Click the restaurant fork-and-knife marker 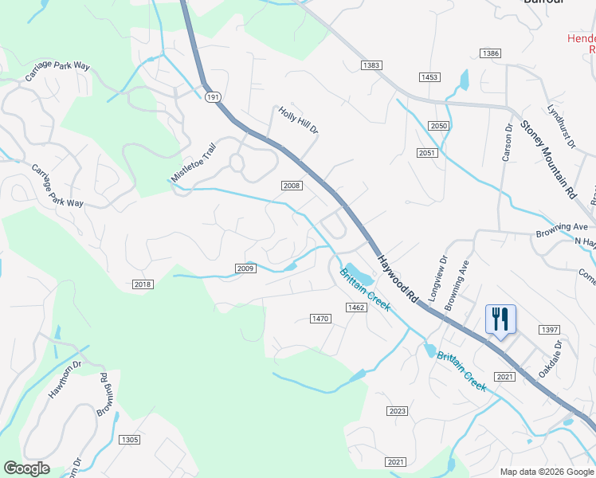pos(500,319)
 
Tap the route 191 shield pos(211,96)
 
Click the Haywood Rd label pos(398,276)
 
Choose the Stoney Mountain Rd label pos(548,159)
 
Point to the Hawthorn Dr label pos(65,377)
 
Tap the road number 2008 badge pos(292,186)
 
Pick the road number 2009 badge pos(245,268)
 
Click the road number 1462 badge pos(355,307)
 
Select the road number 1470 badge pos(320,319)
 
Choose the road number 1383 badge pos(371,65)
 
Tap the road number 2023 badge pos(398,411)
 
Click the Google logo pos(26,468)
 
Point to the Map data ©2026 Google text pos(546,471)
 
